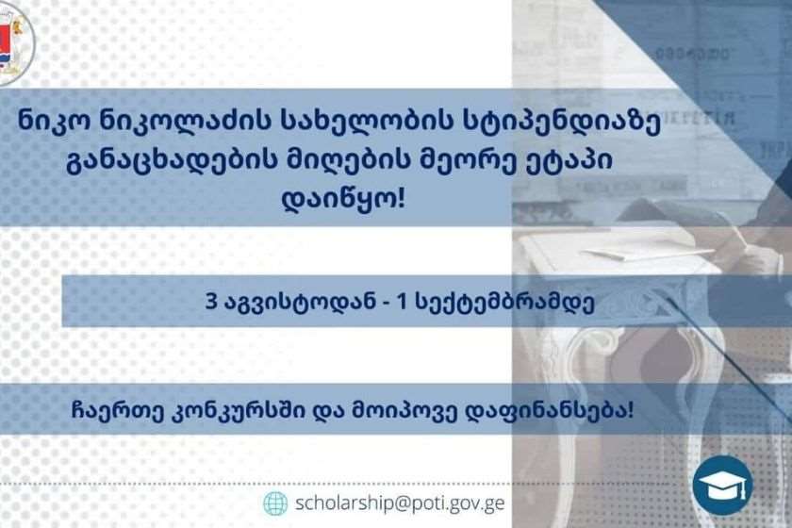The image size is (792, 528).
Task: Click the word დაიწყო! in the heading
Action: click(x=343, y=199)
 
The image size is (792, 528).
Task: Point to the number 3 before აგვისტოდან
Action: click(x=210, y=302)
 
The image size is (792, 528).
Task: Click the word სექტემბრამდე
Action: click(x=504, y=303)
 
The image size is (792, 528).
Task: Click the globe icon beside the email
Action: click(x=275, y=503)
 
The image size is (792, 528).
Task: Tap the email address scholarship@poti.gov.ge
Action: click(x=400, y=503)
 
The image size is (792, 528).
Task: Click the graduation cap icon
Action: click(x=723, y=485)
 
